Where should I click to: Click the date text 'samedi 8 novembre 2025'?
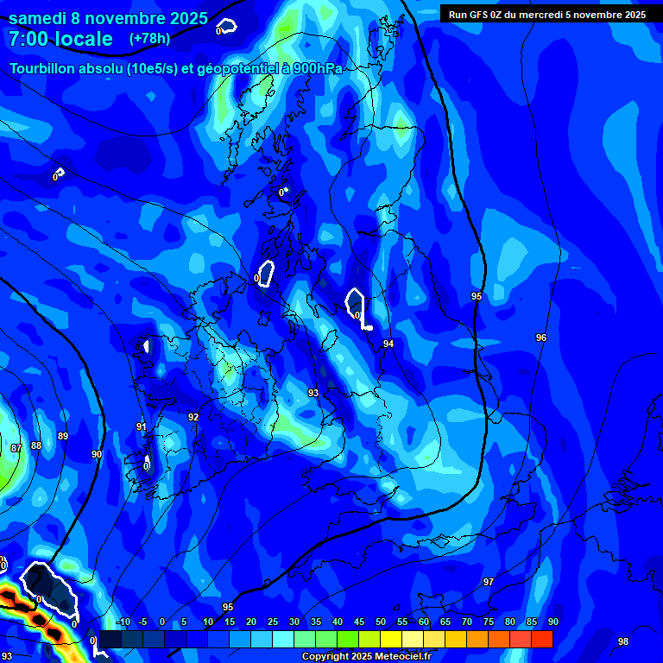108,18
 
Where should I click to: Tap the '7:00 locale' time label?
61,39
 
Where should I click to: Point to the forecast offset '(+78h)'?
149,39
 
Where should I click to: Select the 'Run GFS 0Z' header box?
547,14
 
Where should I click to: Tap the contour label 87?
16,448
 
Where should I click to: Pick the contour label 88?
36,445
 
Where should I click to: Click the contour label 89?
63,437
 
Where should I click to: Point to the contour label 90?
96,454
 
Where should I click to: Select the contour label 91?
142,426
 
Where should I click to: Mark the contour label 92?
193,417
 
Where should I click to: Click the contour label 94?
388,344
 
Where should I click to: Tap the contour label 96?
541,338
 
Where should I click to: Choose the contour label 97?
489,582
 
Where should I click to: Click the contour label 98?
623,641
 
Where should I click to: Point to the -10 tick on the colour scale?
123,622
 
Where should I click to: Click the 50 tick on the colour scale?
380,622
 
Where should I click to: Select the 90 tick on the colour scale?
552,622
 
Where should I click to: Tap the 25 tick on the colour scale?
273,622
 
